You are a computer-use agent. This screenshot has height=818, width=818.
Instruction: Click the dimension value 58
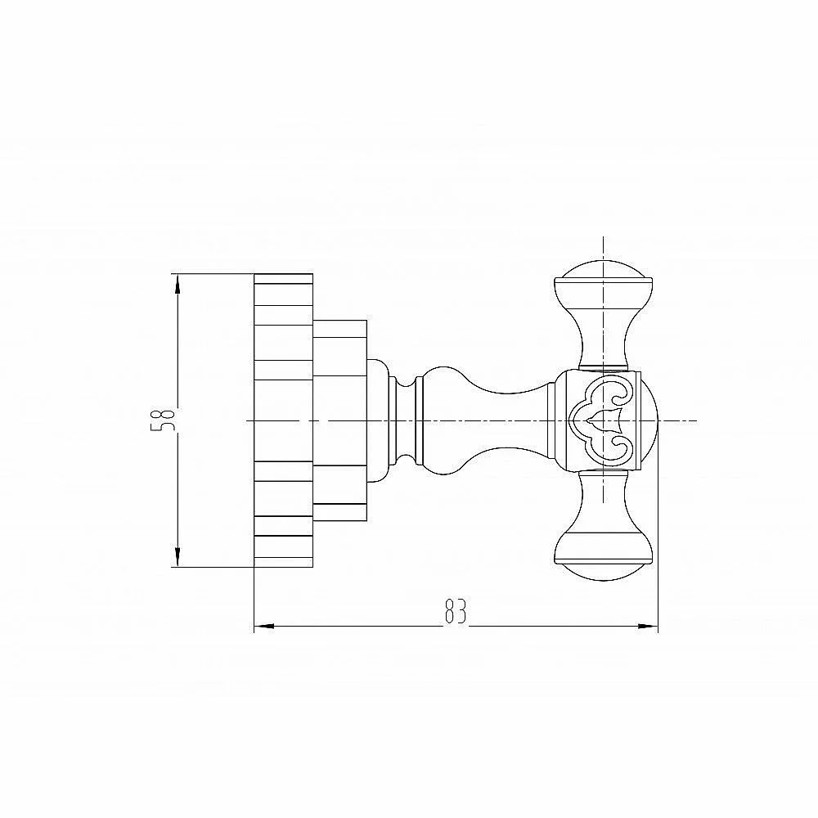point(161,420)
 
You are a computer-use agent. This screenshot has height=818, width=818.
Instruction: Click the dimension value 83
point(456,611)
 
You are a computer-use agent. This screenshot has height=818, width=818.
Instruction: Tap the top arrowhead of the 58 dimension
point(178,285)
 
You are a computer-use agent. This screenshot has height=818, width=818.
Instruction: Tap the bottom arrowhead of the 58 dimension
point(178,556)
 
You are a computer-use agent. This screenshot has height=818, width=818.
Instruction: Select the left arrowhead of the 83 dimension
point(264,626)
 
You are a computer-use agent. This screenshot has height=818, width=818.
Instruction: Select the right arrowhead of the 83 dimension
point(648,626)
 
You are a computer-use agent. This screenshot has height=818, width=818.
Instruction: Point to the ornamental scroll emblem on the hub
point(603,420)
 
